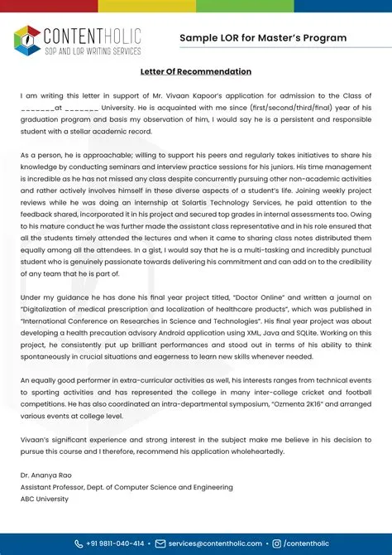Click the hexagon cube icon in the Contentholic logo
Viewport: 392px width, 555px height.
[x=27, y=39]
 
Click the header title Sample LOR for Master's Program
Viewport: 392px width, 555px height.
[x=263, y=38]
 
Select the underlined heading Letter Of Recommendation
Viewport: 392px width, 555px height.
[x=196, y=72]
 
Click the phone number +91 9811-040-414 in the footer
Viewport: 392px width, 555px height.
[x=115, y=543]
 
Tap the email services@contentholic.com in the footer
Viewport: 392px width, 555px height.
[x=214, y=543]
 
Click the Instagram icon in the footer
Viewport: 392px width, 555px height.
[x=277, y=543]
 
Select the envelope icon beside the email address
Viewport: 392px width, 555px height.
[x=160, y=543]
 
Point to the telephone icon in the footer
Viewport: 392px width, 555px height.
[x=78, y=543]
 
